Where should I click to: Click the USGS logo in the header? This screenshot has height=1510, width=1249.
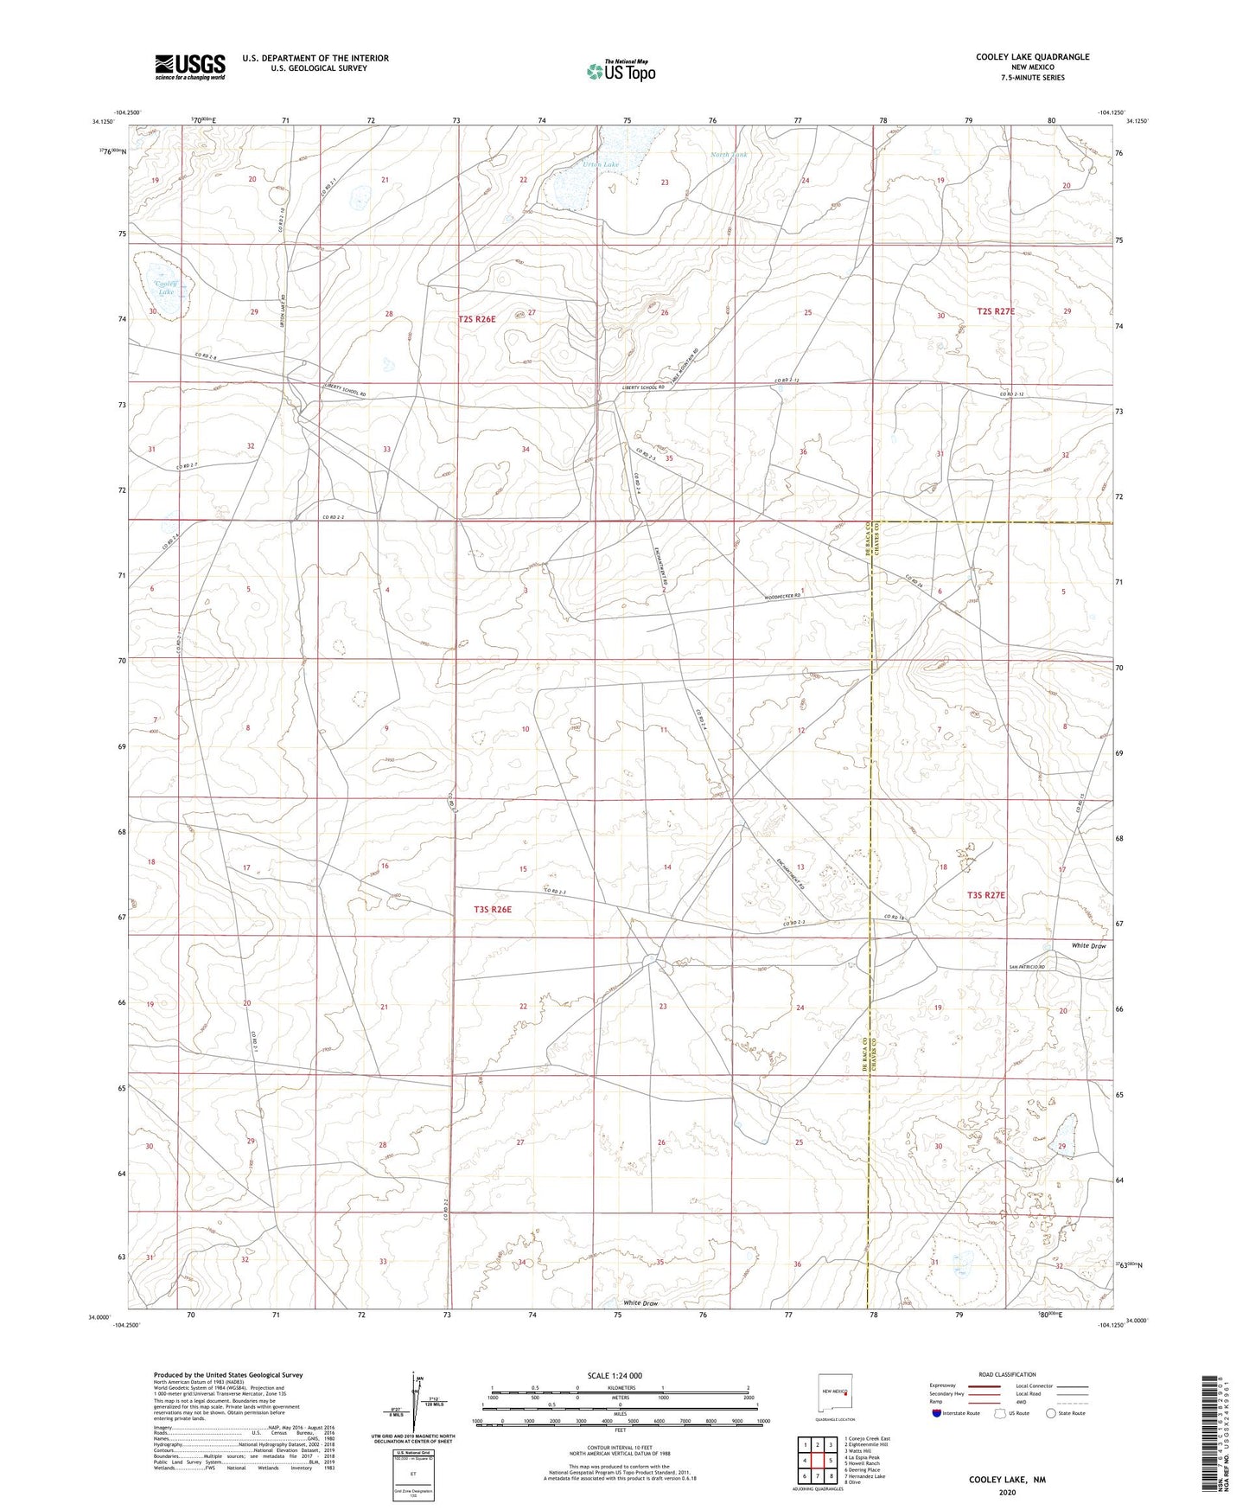[190, 67]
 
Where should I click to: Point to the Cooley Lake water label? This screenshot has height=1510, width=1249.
[165, 288]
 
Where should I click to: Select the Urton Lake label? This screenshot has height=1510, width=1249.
[600, 164]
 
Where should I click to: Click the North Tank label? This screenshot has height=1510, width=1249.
[728, 155]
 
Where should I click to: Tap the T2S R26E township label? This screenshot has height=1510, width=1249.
[477, 319]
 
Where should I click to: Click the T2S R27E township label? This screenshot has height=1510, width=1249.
[996, 311]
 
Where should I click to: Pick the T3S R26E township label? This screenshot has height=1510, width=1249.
[493, 909]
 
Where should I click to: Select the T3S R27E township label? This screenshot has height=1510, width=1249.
[985, 896]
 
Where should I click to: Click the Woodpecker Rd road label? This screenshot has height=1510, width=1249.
[788, 596]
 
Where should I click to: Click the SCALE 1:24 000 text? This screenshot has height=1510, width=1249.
[615, 1375]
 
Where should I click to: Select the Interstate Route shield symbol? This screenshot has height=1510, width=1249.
[937, 1413]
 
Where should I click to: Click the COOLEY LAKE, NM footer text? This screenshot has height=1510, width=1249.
[1007, 1480]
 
